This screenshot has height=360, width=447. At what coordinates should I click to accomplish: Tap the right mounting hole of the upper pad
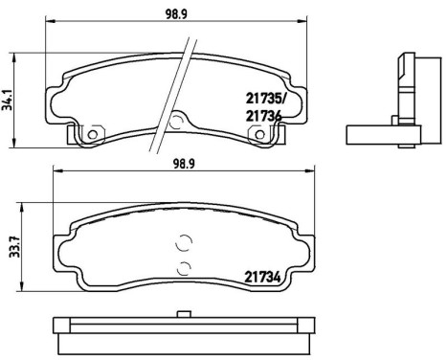click(x=257, y=134)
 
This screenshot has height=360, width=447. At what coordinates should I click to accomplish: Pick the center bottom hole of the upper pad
click(x=175, y=121)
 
